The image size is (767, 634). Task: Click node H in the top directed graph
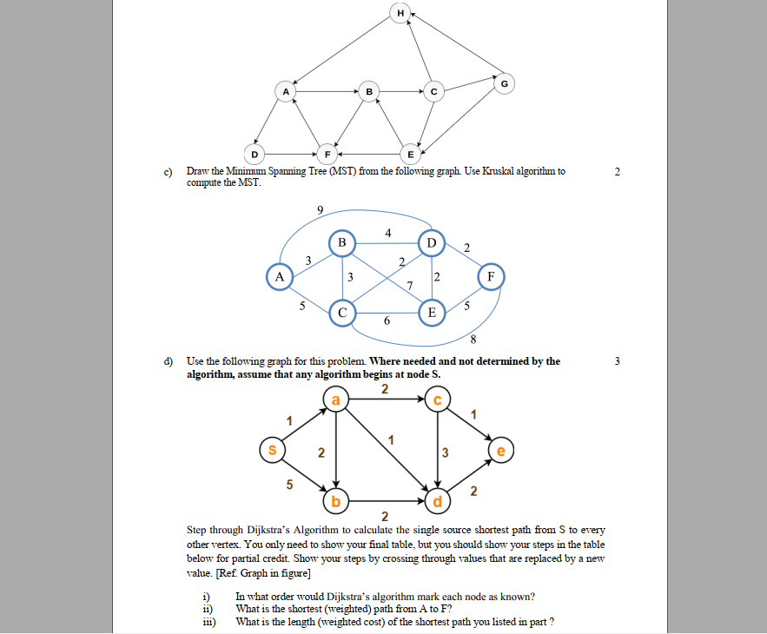click(400, 13)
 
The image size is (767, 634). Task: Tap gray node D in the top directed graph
click(255, 154)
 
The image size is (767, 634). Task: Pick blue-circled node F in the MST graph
click(492, 277)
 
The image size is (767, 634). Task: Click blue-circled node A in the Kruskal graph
click(279, 276)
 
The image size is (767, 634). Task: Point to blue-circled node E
click(430, 311)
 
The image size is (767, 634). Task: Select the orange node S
click(272, 451)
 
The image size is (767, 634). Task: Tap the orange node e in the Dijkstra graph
click(501, 451)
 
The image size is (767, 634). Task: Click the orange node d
click(438, 502)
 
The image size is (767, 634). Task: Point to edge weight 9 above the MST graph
click(321, 209)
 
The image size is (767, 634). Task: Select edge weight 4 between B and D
click(387, 232)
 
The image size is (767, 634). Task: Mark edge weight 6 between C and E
click(387, 321)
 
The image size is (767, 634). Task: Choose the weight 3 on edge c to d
click(446, 452)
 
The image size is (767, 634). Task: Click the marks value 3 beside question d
click(616, 360)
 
